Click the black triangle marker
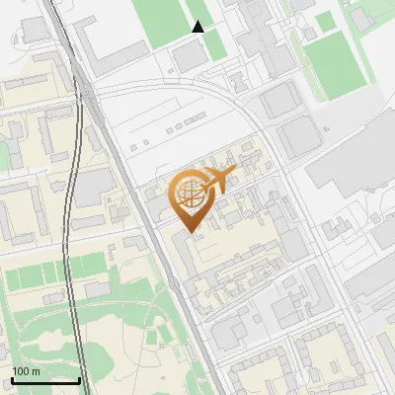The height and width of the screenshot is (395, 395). [198, 27]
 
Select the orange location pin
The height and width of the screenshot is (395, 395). [193, 198]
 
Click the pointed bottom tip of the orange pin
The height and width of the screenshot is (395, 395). [191, 233]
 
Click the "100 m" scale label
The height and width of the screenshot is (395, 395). [26, 371]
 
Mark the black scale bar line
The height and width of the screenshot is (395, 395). [45, 380]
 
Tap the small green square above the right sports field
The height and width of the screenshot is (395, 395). [325, 22]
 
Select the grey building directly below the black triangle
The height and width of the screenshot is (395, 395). [193, 57]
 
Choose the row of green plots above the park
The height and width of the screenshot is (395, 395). [54, 272]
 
